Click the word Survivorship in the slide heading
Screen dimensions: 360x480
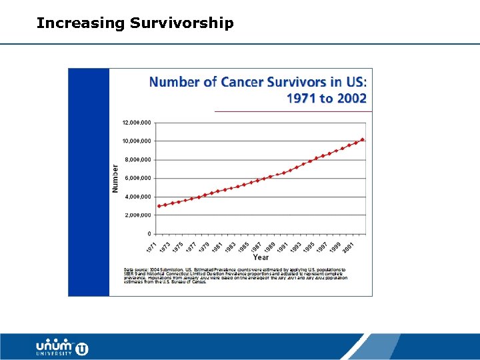181,24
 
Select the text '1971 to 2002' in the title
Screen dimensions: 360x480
326,98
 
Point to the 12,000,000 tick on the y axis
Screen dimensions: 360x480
136,123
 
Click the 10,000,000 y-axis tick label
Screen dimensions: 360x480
136,141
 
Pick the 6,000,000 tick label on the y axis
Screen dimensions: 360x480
137,178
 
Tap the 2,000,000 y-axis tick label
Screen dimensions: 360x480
137,215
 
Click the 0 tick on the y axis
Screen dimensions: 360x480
149,234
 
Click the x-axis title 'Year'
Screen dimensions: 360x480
261,257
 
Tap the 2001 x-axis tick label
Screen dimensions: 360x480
349,246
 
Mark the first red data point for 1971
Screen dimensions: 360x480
159,206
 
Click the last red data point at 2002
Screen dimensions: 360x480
362,139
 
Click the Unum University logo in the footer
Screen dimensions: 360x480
62,347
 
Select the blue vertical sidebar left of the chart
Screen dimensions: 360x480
89,181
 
